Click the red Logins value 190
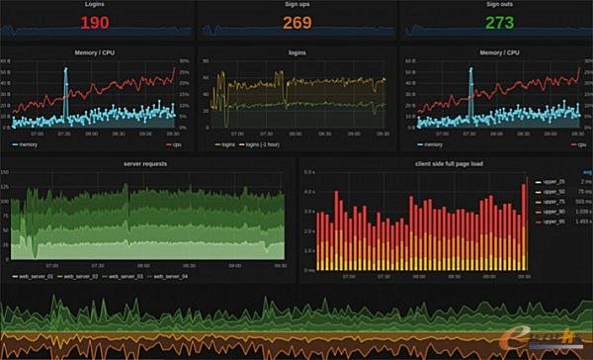click(x=96, y=22)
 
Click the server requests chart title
click(x=146, y=163)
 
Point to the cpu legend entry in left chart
click(x=176, y=144)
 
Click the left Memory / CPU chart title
click(x=94, y=51)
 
